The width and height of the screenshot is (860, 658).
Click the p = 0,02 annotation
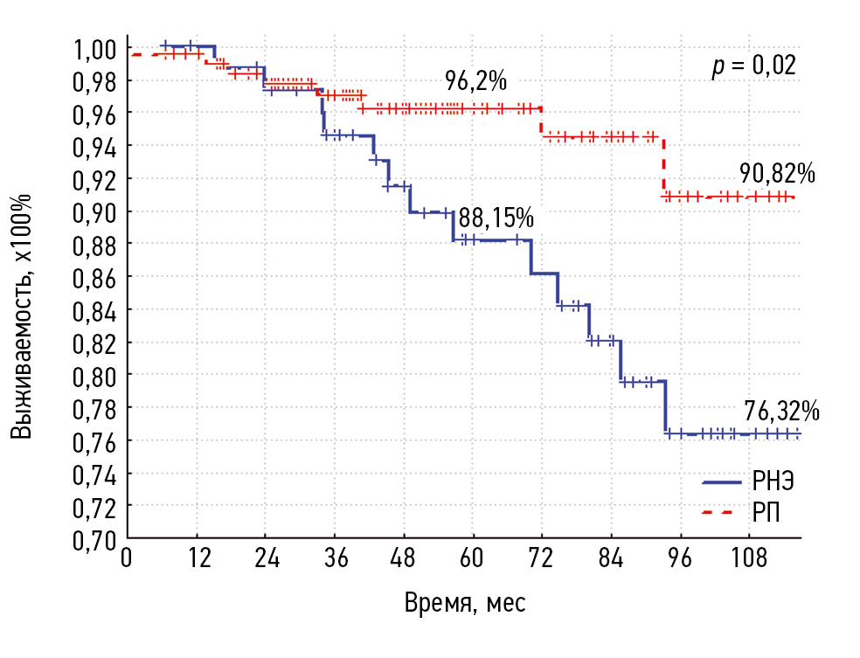coord(753,66)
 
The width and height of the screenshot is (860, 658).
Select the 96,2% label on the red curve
coord(475,81)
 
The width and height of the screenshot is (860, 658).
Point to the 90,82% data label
coord(778,173)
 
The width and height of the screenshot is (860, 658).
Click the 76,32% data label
coord(782,411)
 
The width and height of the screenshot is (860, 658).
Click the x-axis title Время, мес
coord(465,603)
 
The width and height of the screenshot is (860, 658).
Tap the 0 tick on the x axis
coord(128,558)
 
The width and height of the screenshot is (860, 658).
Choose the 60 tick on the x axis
coord(472,558)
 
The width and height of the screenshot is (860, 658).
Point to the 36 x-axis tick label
coord(335,558)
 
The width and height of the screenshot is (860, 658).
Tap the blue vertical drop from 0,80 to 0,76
coord(665,407)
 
